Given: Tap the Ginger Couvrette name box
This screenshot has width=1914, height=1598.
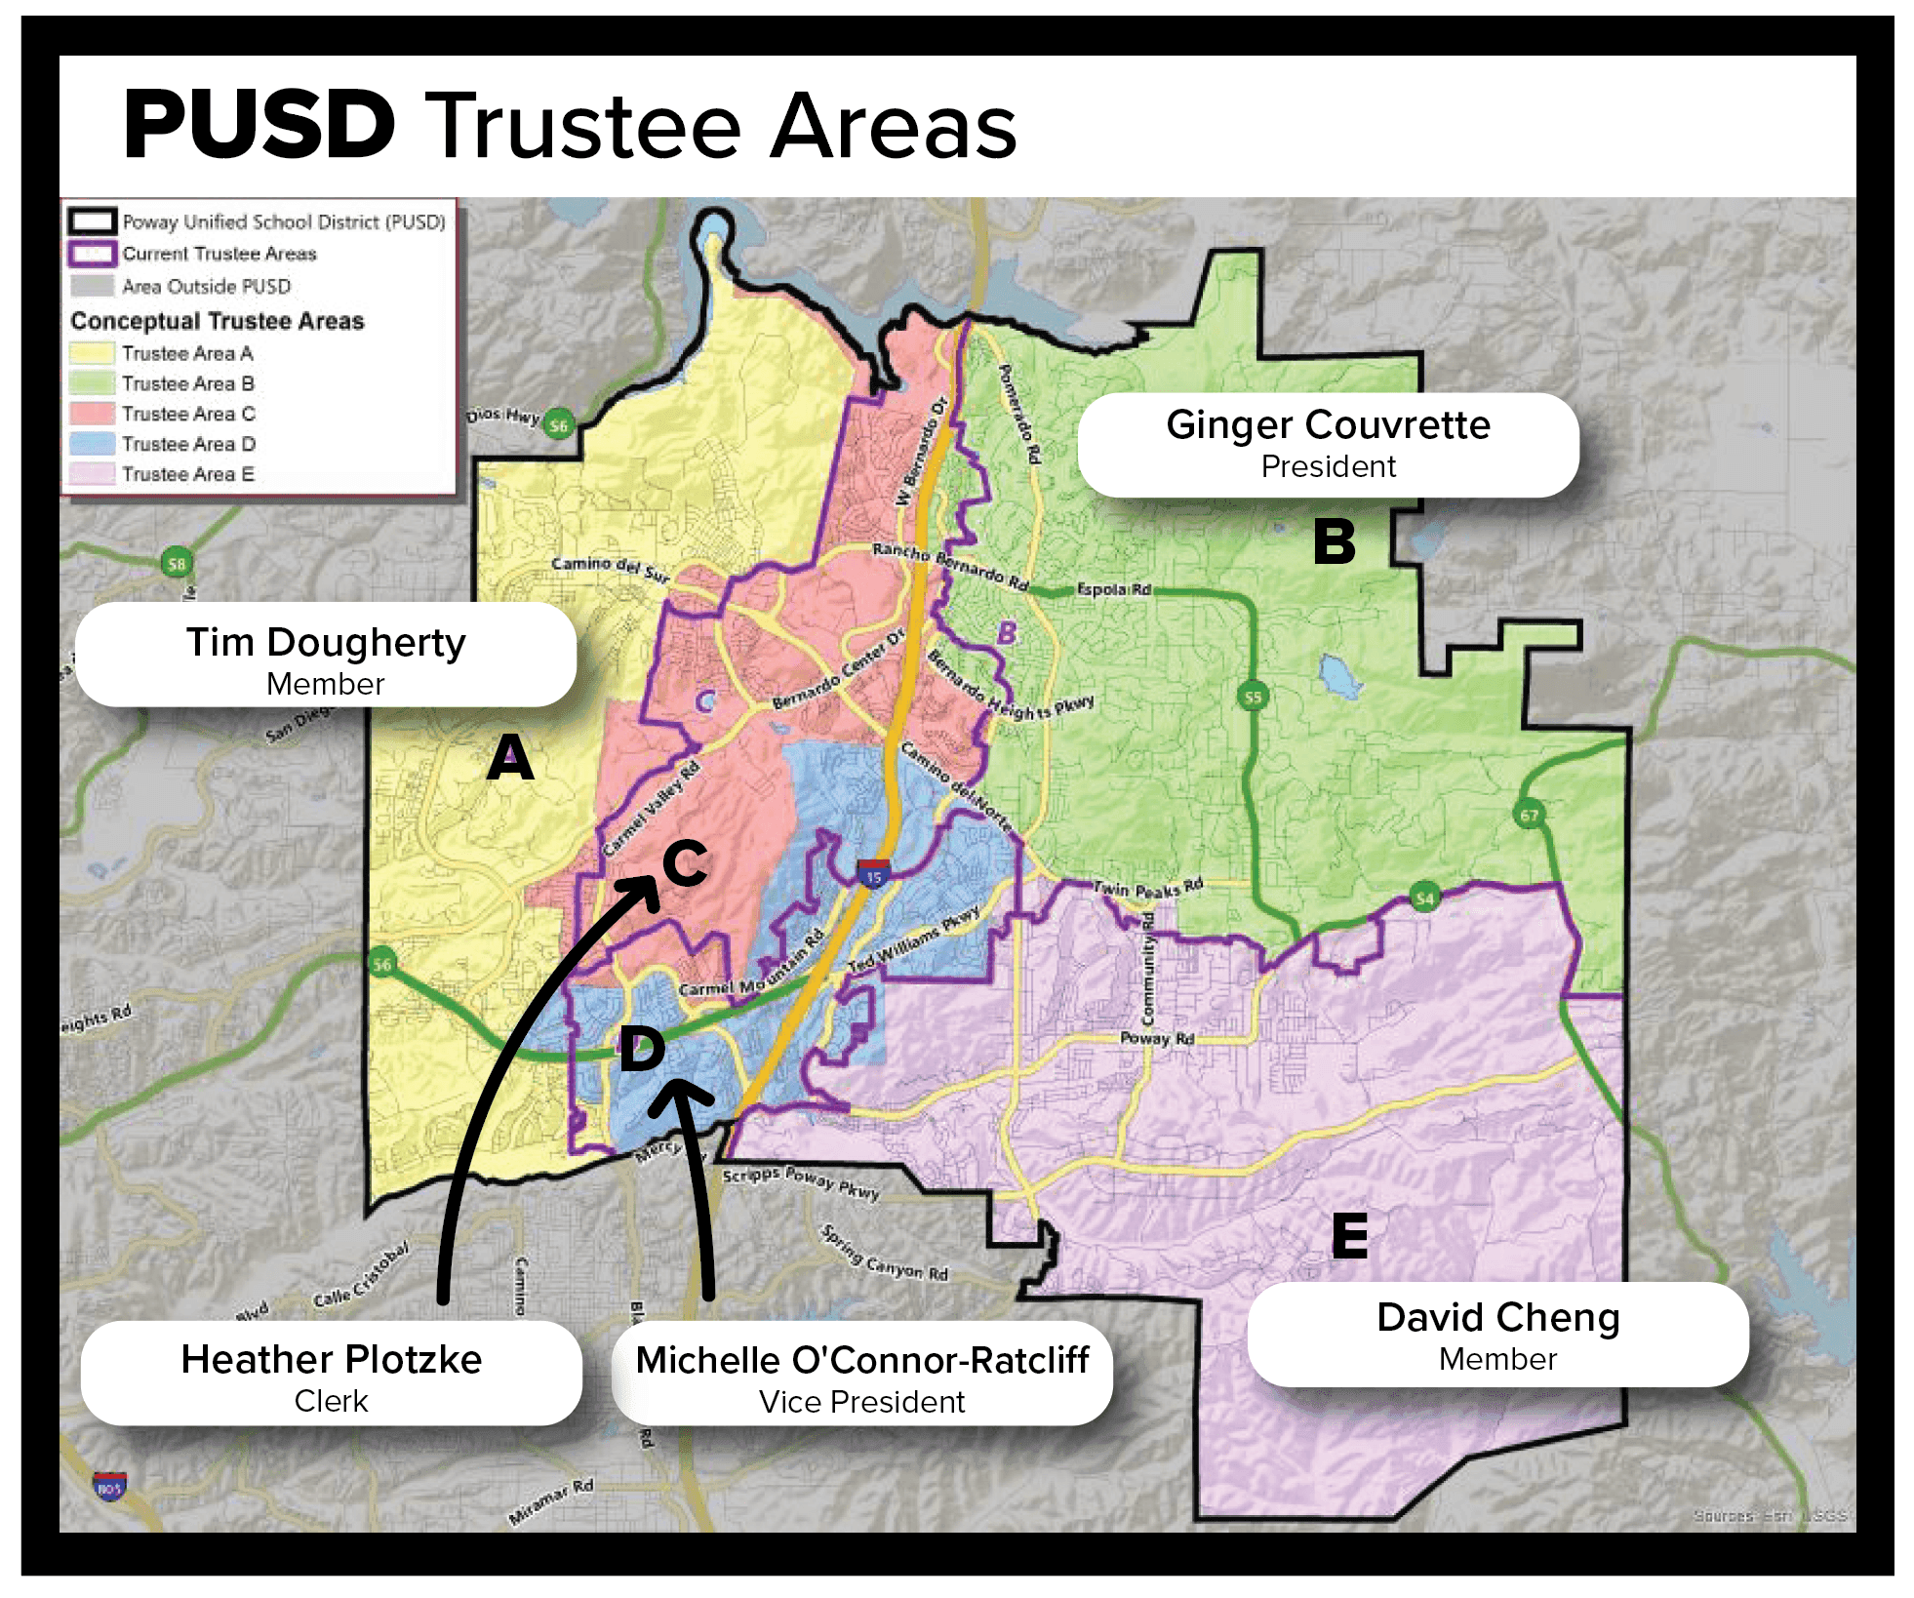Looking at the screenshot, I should (1327, 444).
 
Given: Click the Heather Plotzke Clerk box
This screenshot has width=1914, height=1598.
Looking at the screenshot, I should (331, 1374).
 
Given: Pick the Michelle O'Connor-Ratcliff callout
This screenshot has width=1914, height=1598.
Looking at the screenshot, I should (861, 1375).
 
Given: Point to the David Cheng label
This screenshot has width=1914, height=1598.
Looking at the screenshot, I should (1497, 1333).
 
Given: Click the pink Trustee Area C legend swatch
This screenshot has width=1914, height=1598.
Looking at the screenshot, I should (92, 414).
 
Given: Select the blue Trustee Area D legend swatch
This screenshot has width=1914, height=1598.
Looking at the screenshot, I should (92, 444).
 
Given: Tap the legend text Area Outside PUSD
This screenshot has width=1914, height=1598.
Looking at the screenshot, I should (206, 286).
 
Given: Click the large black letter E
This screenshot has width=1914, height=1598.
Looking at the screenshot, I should (1349, 1235).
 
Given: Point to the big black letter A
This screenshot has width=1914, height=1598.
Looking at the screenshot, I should (509, 757).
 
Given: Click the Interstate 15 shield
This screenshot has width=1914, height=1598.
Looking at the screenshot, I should (873, 872).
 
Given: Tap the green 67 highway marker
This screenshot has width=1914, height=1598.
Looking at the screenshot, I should (1529, 814).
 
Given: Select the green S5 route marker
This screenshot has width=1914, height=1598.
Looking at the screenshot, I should (1253, 696).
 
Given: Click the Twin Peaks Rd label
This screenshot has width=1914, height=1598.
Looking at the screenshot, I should (1147, 889).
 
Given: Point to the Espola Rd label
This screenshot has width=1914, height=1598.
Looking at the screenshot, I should (1113, 589).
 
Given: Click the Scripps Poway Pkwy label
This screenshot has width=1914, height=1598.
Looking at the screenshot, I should (801, 1181).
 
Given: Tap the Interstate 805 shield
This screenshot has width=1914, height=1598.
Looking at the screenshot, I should (109, 1487).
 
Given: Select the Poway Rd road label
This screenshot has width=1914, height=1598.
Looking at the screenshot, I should (1157, 1038).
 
